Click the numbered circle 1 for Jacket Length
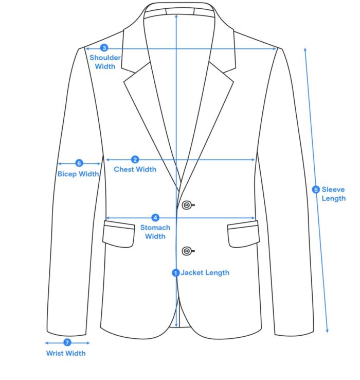click(x=175, y=273)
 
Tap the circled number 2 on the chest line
click(x=135, y=160)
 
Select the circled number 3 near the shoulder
click(x=104, y=48)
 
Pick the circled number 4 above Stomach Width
click(x=155, y=218)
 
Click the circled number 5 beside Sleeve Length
click(x=316, y=189)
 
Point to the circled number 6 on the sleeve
click(x=79, y=163)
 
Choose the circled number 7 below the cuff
click(x=67, y=342)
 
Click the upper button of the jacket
click(x=187, y=205)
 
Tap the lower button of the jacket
click(x=187, y=251)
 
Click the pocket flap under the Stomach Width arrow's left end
click(x=119, y=234)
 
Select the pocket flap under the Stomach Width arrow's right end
click(x=243, y=234)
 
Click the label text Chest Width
click(x=135, y=169)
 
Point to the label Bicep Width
click(x=78, y=174)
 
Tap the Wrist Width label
click(x=66, y=353)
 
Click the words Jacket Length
click(x=205, y=272)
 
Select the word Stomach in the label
click(x=155, y=228)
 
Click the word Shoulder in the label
click(x=105, y=58)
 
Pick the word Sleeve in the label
click(x=333, y=189)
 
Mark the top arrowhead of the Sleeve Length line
click(x=305, y=49)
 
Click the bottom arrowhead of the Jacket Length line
click(x=176, y=325)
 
